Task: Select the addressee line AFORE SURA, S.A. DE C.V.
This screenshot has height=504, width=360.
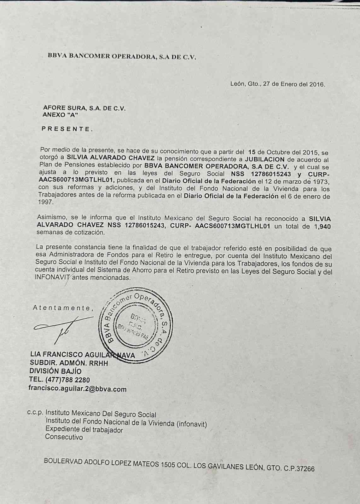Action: click(x=84, y=108)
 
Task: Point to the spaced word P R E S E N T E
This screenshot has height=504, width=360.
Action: click(x=67, y=129)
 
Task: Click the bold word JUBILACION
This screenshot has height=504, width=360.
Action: click(x=265, y=159)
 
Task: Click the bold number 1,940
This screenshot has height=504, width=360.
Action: click(x=322, y=226)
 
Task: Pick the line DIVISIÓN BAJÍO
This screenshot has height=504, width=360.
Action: click(x=55, y=371)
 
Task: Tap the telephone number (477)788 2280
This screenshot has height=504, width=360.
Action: click(x=68, y=380)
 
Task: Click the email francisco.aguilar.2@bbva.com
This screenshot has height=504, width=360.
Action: click(x=78, y=389)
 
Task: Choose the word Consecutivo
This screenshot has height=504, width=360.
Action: click(x=64, y=437)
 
